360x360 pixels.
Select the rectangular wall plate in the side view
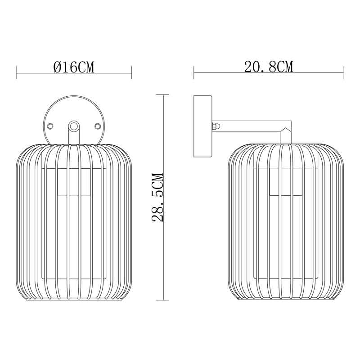tap(203, 126)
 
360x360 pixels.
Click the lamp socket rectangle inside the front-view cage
tap(74, 182)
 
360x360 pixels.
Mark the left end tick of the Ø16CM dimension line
tap(17, 72)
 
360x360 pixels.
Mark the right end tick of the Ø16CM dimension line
tap(131, 72)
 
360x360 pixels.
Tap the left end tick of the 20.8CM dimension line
tap(194, 72)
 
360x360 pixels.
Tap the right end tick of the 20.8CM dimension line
tap(343, 72)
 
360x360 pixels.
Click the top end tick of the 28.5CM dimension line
tap(162, 94)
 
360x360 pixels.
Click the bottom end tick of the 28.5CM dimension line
tap(162, 300)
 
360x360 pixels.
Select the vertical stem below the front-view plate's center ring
tap(74, 137)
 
